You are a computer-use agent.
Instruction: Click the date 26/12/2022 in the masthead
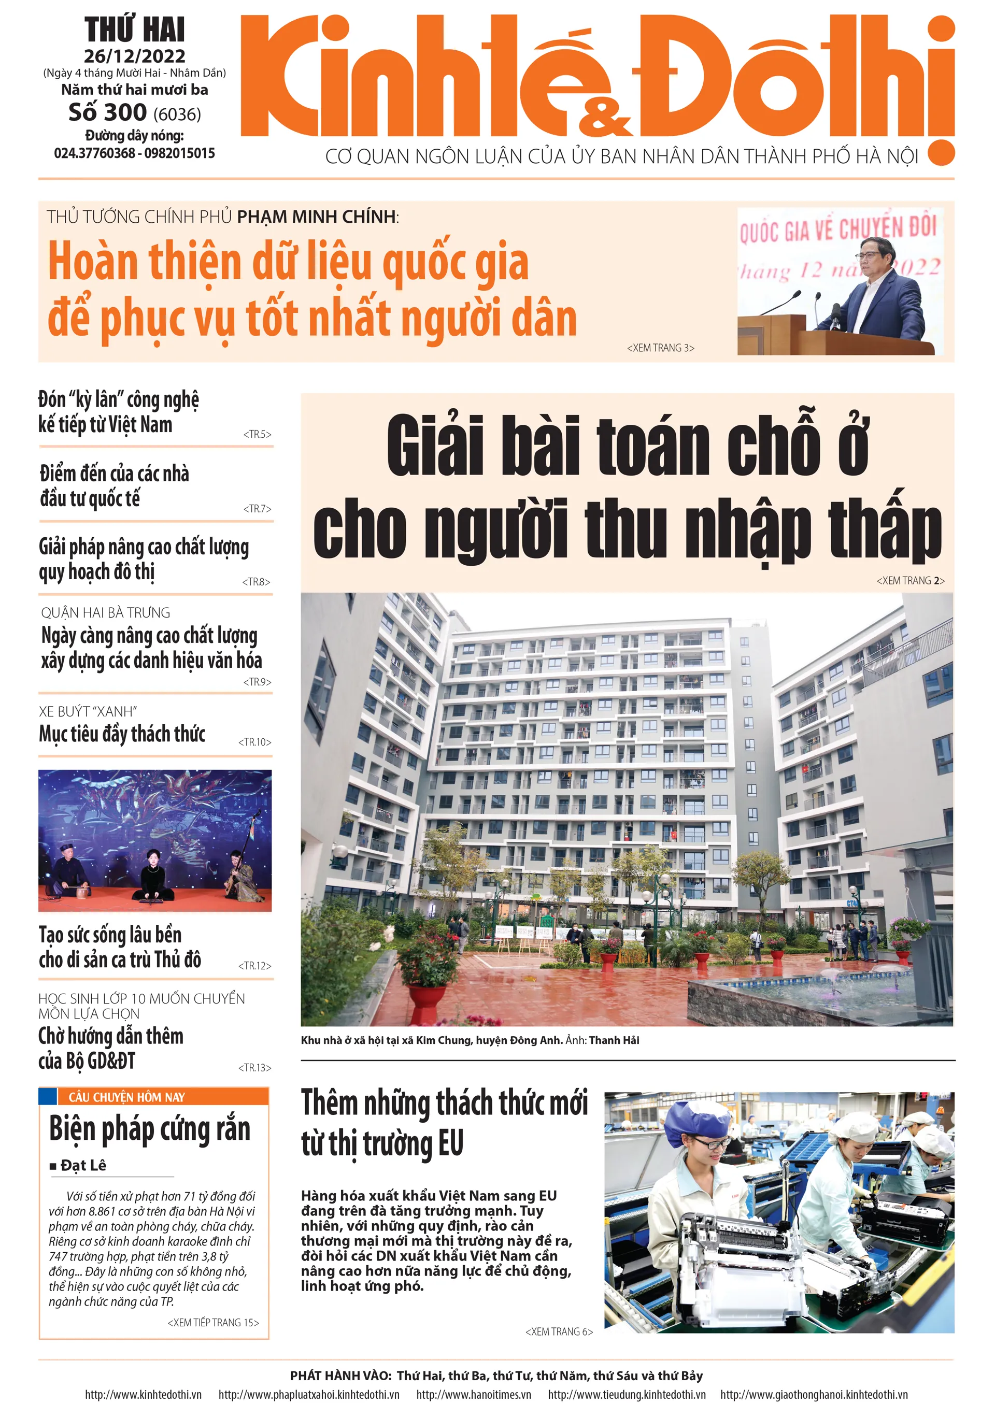[x=134, y=56]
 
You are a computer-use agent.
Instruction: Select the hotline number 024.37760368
[x=94, y=153]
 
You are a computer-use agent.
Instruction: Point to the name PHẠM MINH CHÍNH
[x=316, y=217]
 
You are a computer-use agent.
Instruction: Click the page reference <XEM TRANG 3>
[x=660, y=348]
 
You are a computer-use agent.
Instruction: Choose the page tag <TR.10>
[x=254, y=742]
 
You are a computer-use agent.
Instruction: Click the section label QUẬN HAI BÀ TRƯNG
[x=105, y=612]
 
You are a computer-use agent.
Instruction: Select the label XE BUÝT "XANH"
[x=88, y=711]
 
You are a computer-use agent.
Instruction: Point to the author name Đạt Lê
[x=83, y=1165]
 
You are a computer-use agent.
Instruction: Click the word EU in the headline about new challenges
[x=450, y=1143]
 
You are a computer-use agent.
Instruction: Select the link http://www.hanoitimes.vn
[x=473, y=1394]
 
